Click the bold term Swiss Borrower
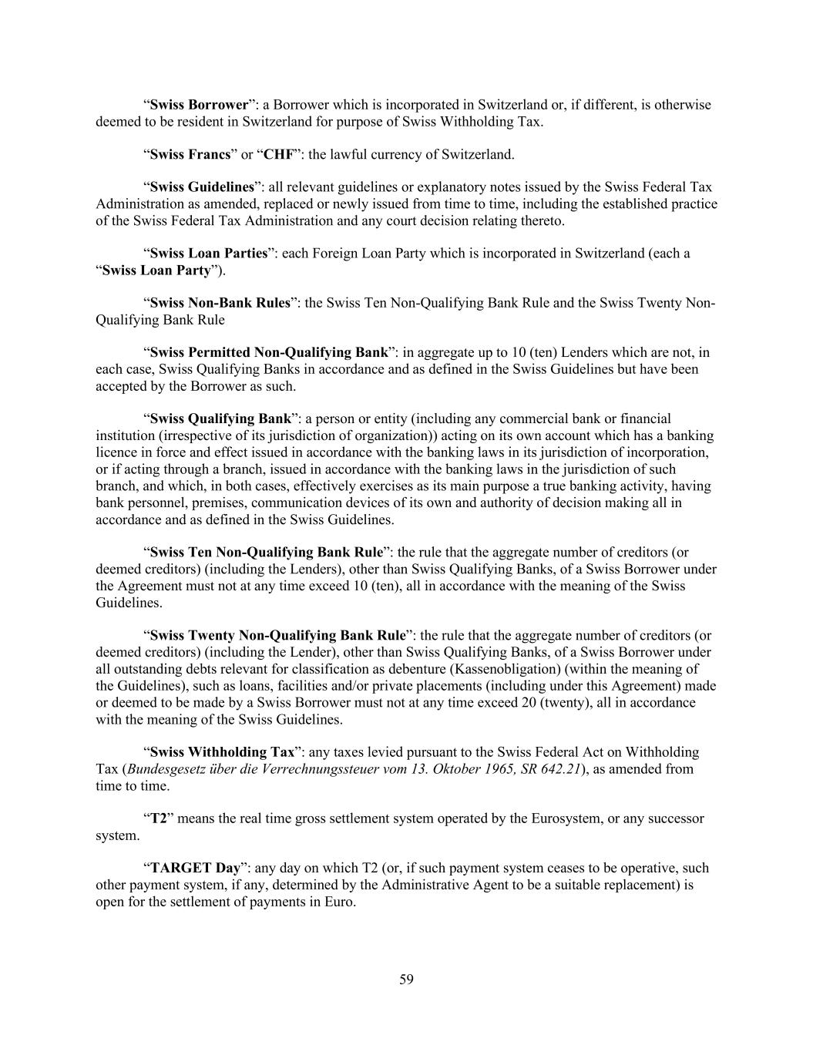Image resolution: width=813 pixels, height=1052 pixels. (x=199, y=105)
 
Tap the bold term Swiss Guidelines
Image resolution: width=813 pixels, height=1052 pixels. (x=202, y=187)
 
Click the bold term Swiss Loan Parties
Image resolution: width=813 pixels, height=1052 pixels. (x=208, y=254)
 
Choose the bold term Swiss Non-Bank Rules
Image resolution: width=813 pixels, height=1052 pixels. (x=220, y=303)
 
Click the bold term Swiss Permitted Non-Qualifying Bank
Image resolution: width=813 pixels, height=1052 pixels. (x=268, y=352)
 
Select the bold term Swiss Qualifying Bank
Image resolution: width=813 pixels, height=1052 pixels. (x=220, y=418)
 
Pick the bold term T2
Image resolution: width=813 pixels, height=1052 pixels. (x=159, y=818)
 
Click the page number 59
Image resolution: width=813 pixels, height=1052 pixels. (x=407, y=980)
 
